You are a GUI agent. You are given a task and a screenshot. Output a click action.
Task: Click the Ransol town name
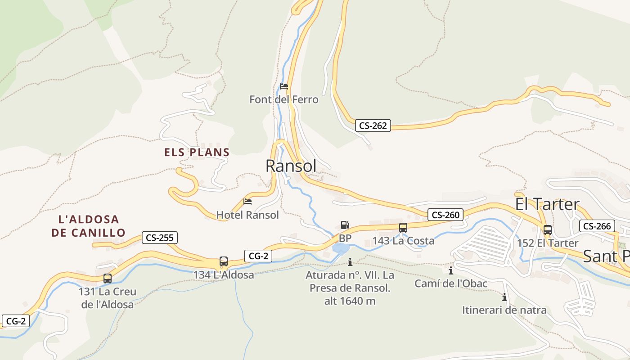(x=291, y=166)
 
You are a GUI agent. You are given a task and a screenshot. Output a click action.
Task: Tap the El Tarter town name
(x=547, y=204)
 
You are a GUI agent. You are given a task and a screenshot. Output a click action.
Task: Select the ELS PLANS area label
(x=197, y=152)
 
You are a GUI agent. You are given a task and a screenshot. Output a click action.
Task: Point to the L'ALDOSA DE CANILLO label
(x=88, y=226)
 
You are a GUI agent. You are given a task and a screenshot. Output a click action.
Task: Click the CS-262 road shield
(x=373, y=126)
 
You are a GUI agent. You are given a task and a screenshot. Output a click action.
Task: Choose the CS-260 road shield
(x=445, y=215)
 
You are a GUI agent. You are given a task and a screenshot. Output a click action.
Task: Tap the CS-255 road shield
(x=160, y=238)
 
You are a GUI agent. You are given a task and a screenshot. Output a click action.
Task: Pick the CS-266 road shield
(x=597, y=226)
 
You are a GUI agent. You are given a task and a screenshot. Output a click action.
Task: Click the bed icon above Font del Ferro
(x=284, y=86)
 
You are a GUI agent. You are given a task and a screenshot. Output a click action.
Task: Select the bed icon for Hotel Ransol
(x=247, y=202)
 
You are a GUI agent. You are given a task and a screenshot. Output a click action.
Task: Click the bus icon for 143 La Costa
(x=403, y=228)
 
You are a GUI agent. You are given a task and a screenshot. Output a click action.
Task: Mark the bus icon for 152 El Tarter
(x=548, y=230)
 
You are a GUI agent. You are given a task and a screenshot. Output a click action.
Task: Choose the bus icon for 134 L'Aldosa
(x=224, y=261)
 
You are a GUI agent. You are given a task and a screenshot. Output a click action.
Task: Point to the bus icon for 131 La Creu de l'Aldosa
(x=108, y=279)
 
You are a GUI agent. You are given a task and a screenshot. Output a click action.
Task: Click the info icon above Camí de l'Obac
(x=451, y=270)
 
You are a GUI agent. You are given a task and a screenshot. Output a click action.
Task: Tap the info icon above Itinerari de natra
(x=504, y=297)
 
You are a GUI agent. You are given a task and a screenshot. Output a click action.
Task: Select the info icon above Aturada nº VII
(x=350, y=262)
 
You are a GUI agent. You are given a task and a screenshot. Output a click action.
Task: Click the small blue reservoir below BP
(x=341, y=248)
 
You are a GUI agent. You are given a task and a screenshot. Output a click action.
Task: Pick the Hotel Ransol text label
(x=247, y=215)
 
